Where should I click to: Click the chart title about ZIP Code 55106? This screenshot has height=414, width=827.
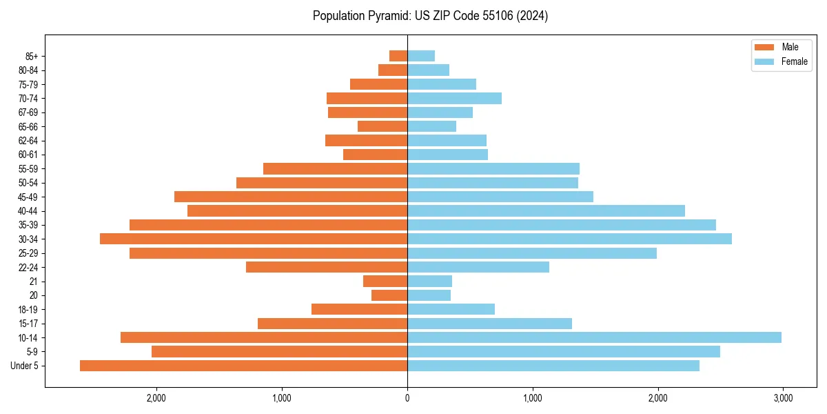tap(430, 16)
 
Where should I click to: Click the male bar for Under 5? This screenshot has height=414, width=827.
tap(243, 366)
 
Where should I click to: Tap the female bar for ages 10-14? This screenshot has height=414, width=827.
tap(594, 337)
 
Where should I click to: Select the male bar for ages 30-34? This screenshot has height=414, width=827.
tap(254, 239)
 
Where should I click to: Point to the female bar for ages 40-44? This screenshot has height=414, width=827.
tap(546, 210)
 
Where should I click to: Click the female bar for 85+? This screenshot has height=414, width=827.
tap(421, 56)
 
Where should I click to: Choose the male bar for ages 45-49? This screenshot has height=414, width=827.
tap(291, 197)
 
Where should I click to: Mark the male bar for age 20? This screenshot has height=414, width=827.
tap(389, 295)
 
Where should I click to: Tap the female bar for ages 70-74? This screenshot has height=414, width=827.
tap(454, 98)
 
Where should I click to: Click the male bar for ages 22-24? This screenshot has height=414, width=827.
tap(327, 267)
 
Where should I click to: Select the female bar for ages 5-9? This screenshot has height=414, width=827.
tap(564, 352)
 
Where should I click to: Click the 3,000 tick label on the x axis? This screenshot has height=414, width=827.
tap(783, 398)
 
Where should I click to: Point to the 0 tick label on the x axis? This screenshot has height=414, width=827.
tap(407, 398)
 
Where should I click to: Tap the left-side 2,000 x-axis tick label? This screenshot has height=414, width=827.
tap(156, 398)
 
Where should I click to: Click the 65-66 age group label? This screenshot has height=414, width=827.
tap(28, 126)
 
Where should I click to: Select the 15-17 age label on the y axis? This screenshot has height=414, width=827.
tap(28, 324)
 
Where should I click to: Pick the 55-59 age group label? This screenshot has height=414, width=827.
tap(28, 168)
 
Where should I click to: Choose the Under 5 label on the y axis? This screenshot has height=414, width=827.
tap(25, 366)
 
